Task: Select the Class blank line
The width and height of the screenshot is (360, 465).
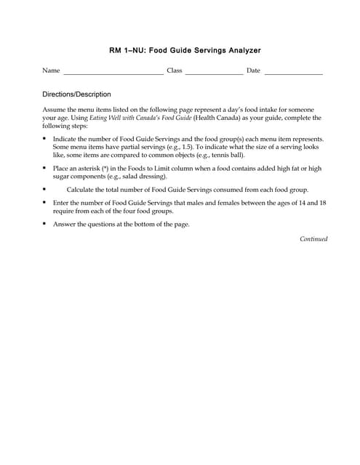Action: click(214, 73)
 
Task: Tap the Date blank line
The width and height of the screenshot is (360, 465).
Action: click(293, 73)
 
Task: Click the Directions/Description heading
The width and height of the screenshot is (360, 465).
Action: click(76, 94)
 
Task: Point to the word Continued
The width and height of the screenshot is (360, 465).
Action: click(313, 239)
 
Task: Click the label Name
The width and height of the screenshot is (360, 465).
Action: click(51, 70)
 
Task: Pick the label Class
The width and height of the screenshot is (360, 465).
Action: click(175, 70)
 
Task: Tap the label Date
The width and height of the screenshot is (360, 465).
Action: click(253, 70)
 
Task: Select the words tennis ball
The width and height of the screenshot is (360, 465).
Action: click(227, 155)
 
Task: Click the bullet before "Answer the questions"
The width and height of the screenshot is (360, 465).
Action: click(45, 224)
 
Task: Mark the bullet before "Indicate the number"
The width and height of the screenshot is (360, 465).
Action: click(45, 137)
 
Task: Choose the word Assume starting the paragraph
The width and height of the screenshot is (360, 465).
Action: click(55, 108)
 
